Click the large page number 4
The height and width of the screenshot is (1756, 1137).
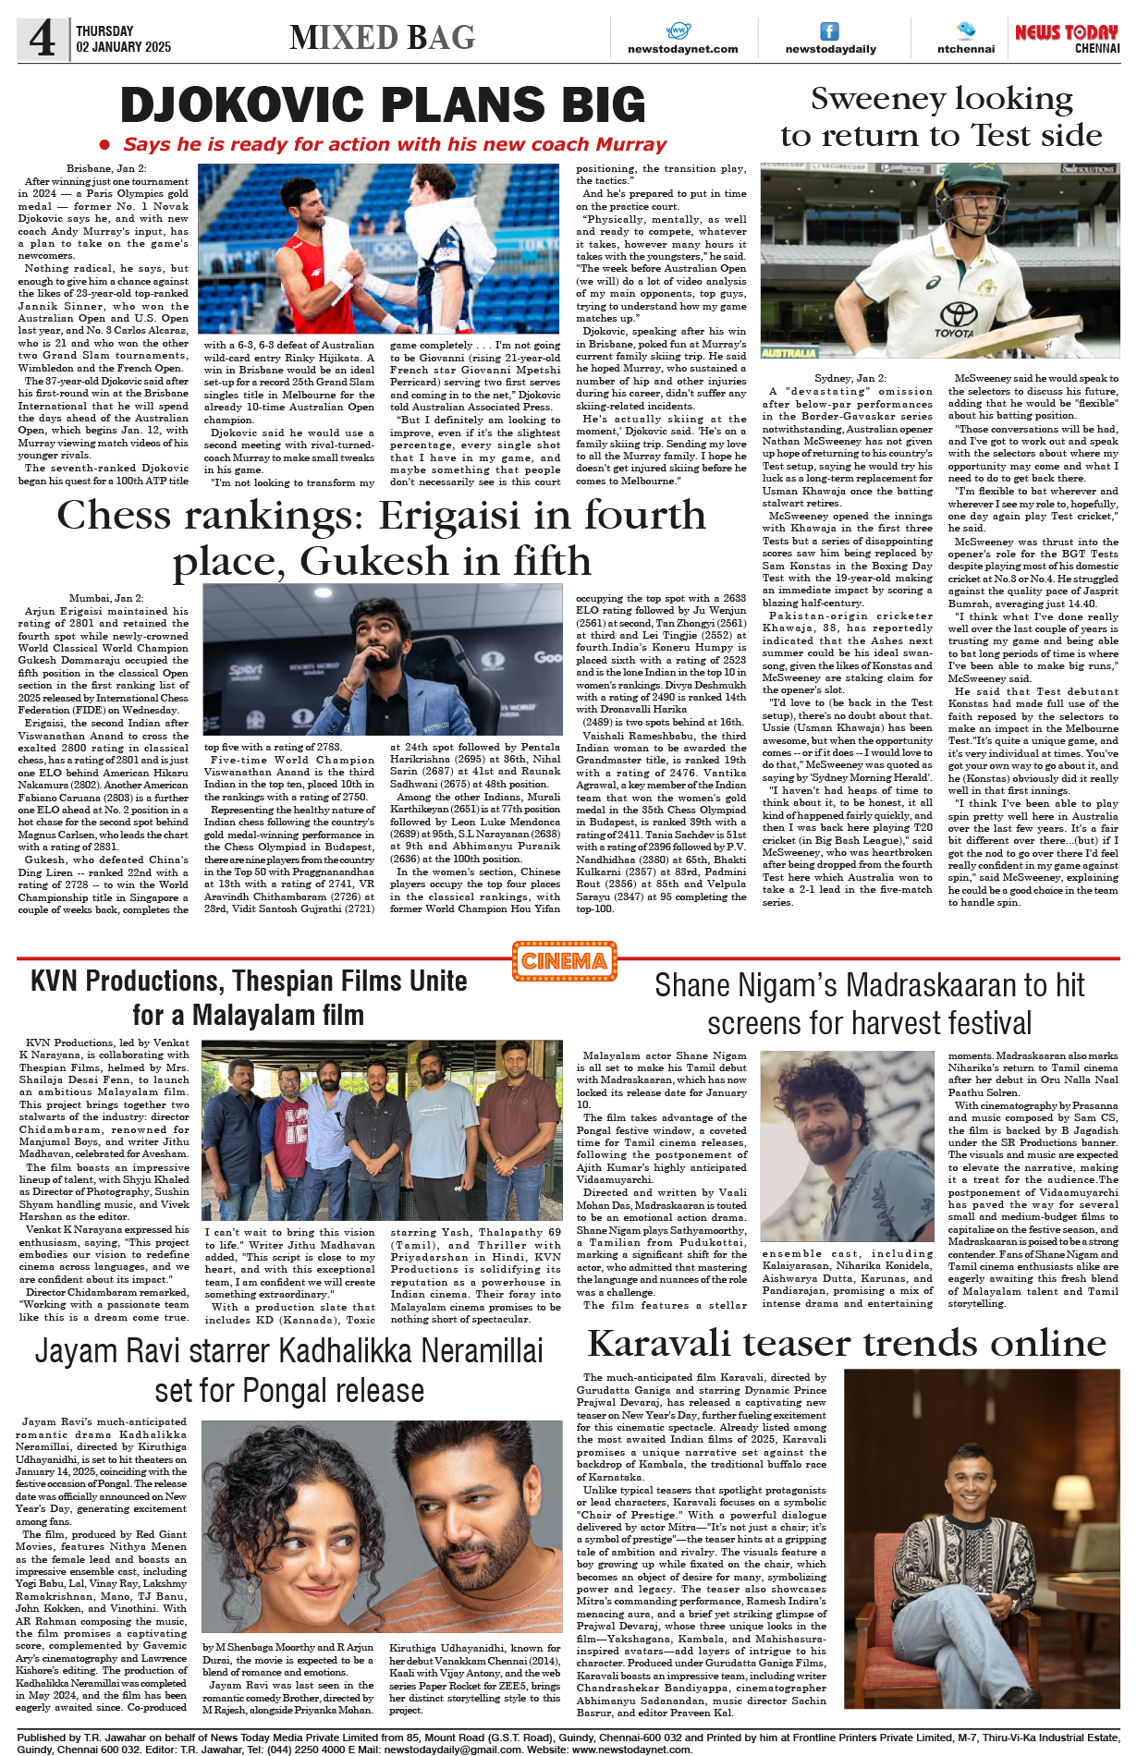pyautogui.click(x=42, y=39)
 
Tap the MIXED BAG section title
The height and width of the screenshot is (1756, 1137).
pyautogui.click(x=382, y=38)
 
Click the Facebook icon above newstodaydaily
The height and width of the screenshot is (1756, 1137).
pyautogui.click(x=830, y=31)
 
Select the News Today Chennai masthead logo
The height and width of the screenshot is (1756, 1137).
pyautogui.click(x=1066, y=38)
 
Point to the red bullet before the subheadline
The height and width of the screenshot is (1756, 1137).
pyautogui.click(x=105, y=145)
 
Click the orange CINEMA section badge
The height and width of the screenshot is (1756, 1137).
pyautogui.click(x=564, y=961)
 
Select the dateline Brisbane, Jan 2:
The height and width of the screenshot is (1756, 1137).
pyautogui.click(x=105, y=168)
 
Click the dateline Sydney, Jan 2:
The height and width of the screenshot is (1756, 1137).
pyautogui.click(x=850, y=378)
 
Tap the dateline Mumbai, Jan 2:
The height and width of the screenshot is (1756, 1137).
pyautogui.click(x=105, y=598)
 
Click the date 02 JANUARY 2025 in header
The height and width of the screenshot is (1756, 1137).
pyautogui.click(x=124, y=47)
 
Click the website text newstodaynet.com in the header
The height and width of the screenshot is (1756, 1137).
pyautogui.click(x=682, y=49)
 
